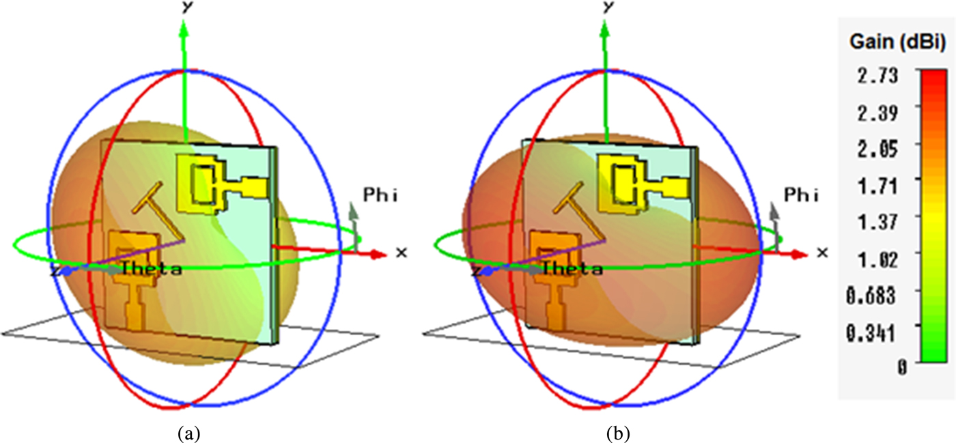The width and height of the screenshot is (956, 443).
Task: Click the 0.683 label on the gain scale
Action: pos(875,294)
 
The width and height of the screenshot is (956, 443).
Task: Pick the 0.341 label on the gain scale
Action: pos(875,330)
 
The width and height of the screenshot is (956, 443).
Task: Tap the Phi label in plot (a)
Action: pos(379,197)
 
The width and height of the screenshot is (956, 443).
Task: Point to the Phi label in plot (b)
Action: pos(800,197)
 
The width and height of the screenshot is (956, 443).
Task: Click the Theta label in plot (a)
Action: pos(151,269)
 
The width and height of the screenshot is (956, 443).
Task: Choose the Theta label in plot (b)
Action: pos(572,269)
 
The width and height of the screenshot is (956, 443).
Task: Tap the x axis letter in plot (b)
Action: pos(822,253)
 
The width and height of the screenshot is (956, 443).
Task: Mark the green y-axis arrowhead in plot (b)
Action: pos(605,29)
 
